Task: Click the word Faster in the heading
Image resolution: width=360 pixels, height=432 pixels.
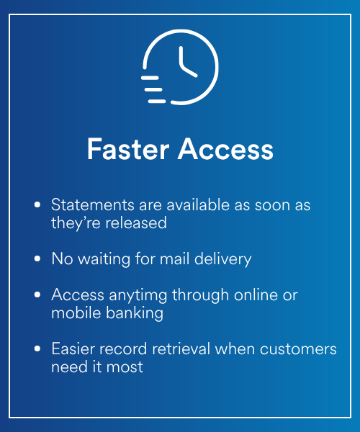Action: (x=128, y=149)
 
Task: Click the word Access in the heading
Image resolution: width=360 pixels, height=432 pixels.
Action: (x=225, y=149)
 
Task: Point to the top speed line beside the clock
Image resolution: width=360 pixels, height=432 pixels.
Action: (x=150, y=78)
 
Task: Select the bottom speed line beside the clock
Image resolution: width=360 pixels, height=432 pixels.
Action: (x=157, y=102)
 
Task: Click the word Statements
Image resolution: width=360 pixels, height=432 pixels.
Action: (x=93, y=205)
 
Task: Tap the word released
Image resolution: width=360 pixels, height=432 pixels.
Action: (x=136, y=222)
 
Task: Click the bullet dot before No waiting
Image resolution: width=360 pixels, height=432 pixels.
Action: (x=37, y=258)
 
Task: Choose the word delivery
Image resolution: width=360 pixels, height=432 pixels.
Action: (x=222, y=259)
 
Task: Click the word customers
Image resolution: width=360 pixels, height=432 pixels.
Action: (x=298, y=349)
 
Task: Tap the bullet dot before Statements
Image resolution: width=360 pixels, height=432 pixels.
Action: (x=37, y=204)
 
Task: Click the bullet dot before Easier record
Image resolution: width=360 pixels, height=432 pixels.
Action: (x=37, y=348)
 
